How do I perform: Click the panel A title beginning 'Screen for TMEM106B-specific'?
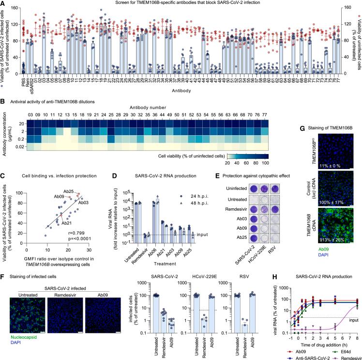tap(181, 4)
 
